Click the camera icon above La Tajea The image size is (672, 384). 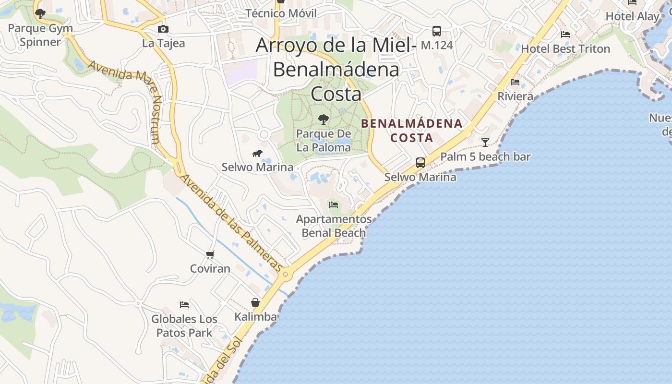(163, 29)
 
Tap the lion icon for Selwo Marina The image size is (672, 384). (257, 154)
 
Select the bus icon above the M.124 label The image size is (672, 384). (436, 31)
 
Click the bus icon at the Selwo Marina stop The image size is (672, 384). (420, 163)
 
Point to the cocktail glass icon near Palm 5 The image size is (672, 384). (485, 143)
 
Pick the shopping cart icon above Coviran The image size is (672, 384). (210, 254)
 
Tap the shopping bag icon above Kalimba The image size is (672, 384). (255, 302)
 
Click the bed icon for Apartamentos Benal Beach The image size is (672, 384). (334, 205)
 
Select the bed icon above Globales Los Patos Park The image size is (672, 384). (184, 304)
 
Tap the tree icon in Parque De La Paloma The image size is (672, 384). (324, 119)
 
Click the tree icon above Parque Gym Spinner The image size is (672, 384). (40, 13)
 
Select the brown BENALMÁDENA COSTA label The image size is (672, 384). (412, 131)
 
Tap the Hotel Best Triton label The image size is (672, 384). (565, 49)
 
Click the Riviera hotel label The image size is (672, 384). (515, 96)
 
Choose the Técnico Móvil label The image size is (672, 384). (281, 13)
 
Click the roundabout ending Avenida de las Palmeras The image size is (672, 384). (286, 275)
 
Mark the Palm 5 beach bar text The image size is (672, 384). (485, 156)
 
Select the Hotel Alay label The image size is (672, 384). (633, 16)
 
